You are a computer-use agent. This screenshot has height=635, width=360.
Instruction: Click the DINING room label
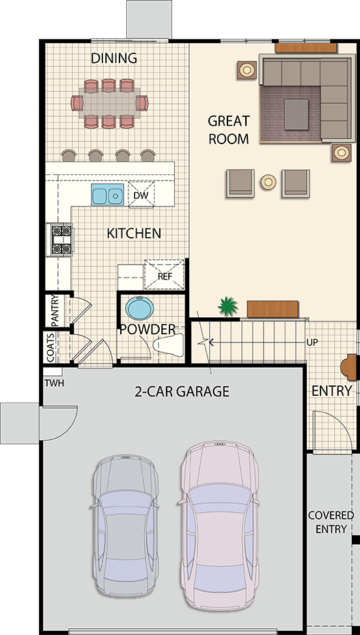pos(114,58)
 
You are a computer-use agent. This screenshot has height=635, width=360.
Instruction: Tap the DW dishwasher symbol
pos(141,195)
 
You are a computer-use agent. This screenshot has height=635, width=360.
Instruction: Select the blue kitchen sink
pos(107,195)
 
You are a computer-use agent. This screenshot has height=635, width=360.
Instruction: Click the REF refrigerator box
pos(165,275)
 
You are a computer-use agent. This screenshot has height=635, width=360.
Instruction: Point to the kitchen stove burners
pos(61,240)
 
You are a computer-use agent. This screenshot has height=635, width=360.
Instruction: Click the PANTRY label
pos(55,310)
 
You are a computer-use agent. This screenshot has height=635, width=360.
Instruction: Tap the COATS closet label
pos(51,347)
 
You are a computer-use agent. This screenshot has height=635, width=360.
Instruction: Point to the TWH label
pos(54,382)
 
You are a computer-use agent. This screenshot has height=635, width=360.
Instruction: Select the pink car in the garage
pos(219,525)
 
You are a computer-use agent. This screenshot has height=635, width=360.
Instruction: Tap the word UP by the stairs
pos(312,342)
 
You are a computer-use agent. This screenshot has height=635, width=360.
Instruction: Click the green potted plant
pos(228,306)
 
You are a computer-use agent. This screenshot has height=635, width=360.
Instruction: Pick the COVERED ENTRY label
pos(331,522)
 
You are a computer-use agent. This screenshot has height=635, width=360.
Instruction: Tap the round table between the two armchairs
pos(268,182)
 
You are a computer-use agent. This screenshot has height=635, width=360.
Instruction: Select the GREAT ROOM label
pos(228,130)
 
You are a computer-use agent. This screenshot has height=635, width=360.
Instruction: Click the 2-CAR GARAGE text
pos(182,391)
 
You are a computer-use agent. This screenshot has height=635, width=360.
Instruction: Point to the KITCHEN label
pos(134,233)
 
